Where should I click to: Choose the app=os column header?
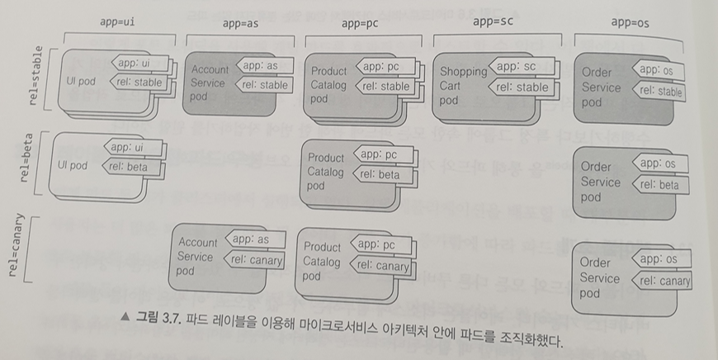click(x=629, y=23)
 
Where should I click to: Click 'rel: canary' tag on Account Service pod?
click(x=254, y=260)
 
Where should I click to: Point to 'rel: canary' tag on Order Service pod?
click(x=663, y=282)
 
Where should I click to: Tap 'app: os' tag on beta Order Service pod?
click(x=658, y=163)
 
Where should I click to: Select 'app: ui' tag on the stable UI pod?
click(x=135, y=63)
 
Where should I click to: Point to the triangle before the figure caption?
click(x=125, y=317)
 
